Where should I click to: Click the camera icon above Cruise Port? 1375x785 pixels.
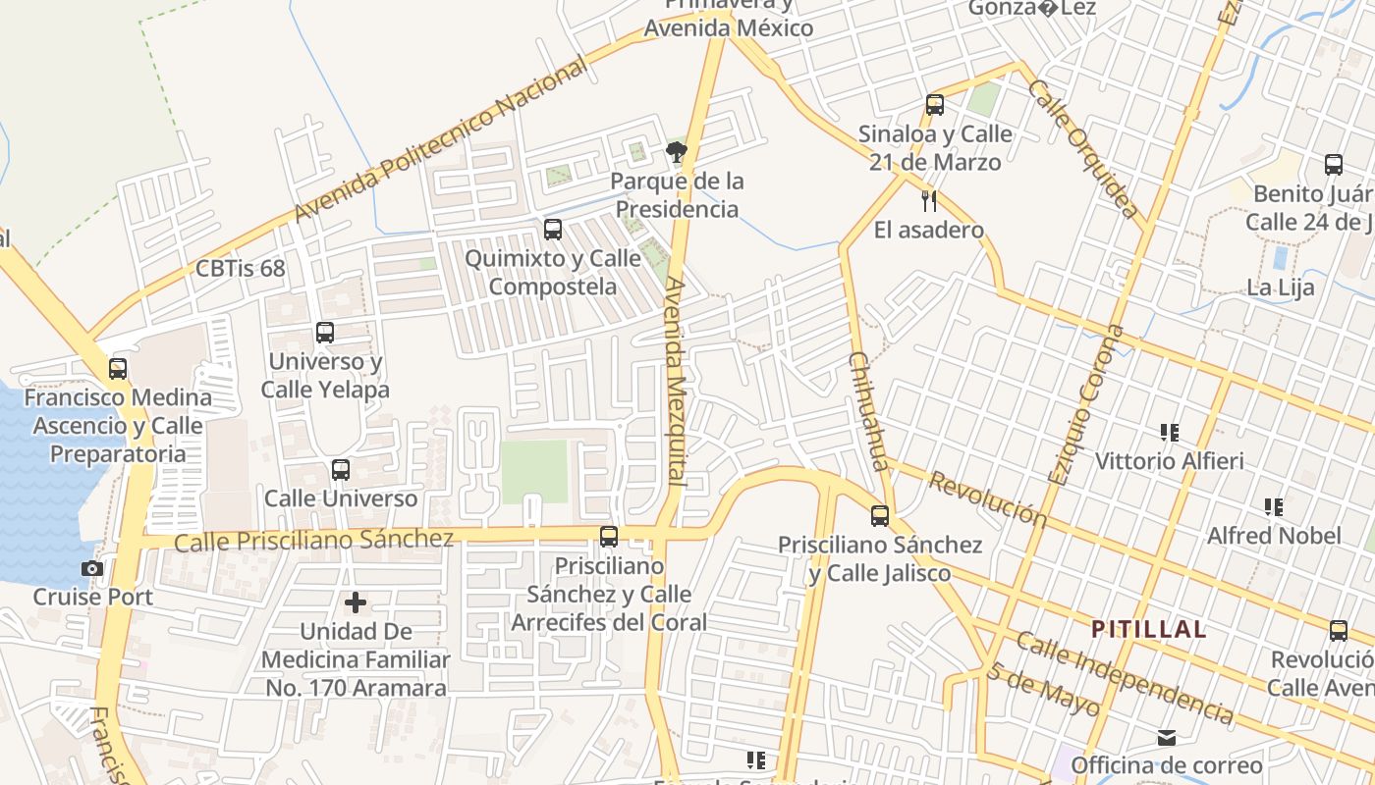coord(91,568)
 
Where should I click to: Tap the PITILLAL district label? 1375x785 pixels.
coord(1149,629)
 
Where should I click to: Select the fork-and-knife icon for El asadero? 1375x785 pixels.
coord(928,201)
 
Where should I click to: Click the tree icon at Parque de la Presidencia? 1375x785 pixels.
coord(676,152)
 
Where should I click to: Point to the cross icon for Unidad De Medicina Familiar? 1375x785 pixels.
coord(356,602)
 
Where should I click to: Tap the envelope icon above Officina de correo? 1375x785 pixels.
coord(1167,737)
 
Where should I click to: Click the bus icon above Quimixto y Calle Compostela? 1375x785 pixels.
coord(553,230)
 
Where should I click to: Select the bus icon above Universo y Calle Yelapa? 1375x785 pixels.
coord(325,333)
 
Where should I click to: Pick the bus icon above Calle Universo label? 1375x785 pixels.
coord(341,470)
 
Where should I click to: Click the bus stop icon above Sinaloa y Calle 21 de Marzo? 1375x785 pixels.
coord(935,104)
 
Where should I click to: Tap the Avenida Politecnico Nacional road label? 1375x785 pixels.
coord(441,139)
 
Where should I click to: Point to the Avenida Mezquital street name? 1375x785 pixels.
coord(676,383)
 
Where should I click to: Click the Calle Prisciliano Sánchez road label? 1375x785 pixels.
coord(313,539)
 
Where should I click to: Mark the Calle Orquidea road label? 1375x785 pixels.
coord(1083,148)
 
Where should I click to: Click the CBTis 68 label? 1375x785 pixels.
coord(240,268)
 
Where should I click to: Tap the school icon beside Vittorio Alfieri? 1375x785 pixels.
coord(1169,432)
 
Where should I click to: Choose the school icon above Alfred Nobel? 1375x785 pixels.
coord(1274,507)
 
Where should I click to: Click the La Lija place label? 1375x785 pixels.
coord(1280,288)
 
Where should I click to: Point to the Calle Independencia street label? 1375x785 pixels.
coord(1125,678)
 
